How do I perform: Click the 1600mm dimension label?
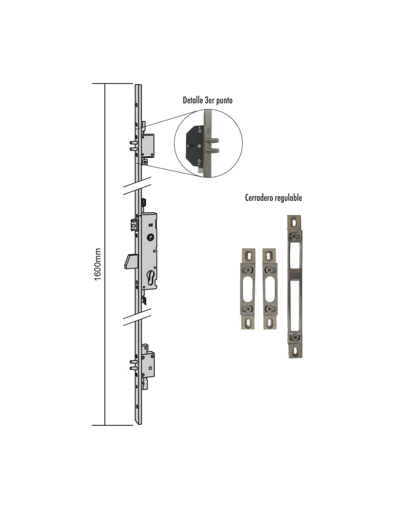coord(98,264)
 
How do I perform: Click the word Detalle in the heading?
coord(193,100)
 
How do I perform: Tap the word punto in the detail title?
coord(224,100)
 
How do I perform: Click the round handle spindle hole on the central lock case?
coord(150,237)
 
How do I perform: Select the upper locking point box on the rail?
coord(148,145)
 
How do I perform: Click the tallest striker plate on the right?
coord(294,286)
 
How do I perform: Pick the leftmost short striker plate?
coord(248,289)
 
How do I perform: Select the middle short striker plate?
coord(270,289)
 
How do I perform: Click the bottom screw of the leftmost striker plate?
coord(248,308)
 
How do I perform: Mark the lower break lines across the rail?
coord(138,317)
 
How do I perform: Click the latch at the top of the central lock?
coord(134,225)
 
